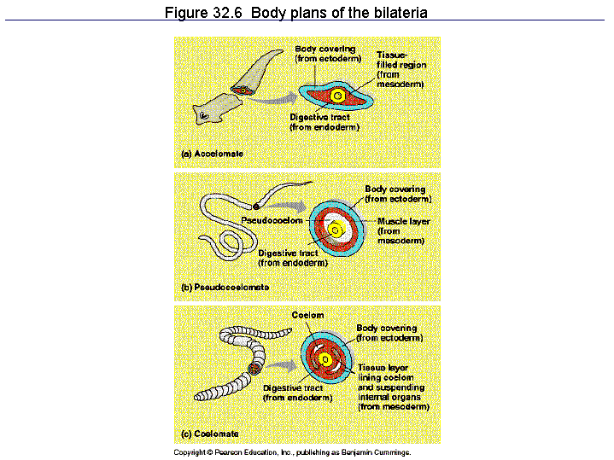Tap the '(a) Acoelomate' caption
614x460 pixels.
[213, 154]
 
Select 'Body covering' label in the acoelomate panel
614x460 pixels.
[325, 49]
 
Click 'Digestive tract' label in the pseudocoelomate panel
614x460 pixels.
[287, 253]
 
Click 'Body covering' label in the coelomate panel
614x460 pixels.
[387, 328]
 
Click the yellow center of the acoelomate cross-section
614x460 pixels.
[338, 96]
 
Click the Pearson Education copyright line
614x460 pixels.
[292, 452]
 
